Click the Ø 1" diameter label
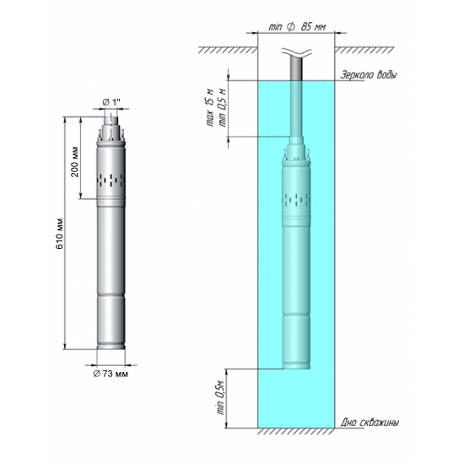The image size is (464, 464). click(x=111, y=102)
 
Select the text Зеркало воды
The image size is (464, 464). click(x=369, y=75)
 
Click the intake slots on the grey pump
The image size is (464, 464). click(x=111, y=179)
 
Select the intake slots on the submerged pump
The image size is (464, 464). click(x=296, y=199)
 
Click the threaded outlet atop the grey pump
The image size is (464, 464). click(x=111, y=127)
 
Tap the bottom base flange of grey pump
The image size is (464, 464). click(x=111, y=348)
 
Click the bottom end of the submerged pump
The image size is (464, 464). click(x=296, y=367)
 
